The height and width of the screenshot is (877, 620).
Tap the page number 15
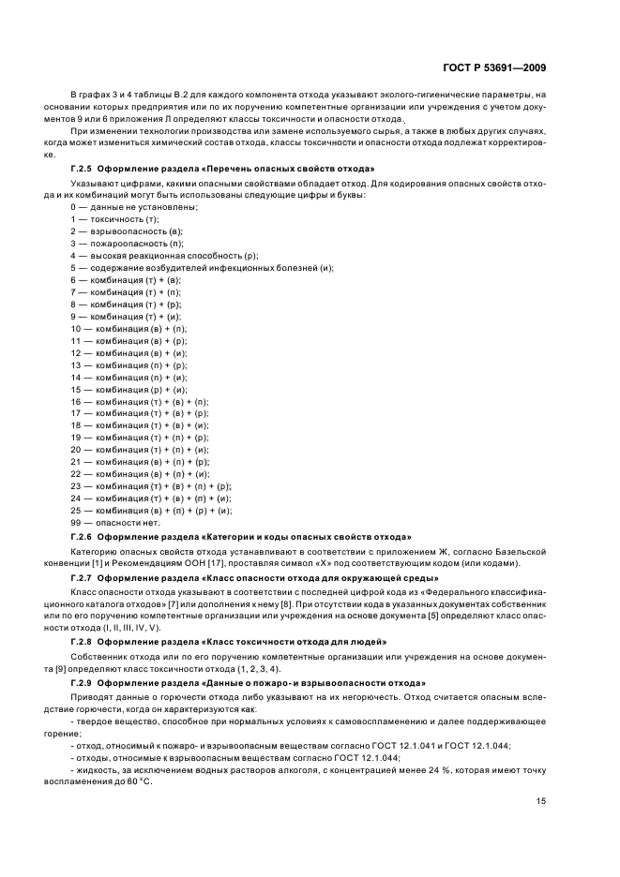[541, 774]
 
